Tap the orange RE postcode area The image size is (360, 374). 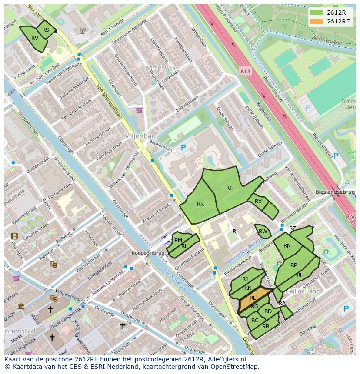(x=253, y=298)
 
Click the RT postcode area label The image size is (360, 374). (x=229, y=188)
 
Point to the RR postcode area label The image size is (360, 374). (x=200, y=204)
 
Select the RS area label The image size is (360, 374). (x=46, y=30)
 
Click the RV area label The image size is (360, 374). (x=35, y=38)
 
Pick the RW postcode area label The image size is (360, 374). (x=263, y=232)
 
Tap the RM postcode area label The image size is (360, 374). (x=178, y=240)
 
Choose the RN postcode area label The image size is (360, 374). (x=287, y=246)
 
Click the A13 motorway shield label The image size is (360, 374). (x=245, y=69)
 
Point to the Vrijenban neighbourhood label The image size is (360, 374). (x=137, y=136)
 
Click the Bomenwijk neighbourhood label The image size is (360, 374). (x=160, y=68)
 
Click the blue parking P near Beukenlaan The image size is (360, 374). (x=183, y=148)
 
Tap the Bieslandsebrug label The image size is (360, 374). (x=335, y=192)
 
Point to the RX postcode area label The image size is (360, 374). (x=258, y=201)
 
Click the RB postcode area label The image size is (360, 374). (x=266, y=326)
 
